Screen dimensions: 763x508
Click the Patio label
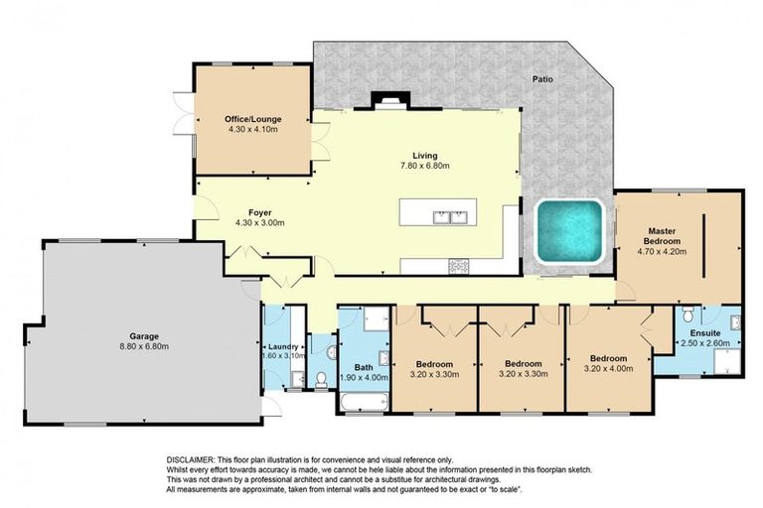[x=542, y=78]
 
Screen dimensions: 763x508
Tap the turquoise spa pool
[x=569, y=232]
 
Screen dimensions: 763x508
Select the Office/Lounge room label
[x=253, y=119]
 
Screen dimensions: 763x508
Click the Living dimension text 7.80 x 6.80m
[x=425, y=166]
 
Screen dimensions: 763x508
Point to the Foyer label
[x=260, y=213]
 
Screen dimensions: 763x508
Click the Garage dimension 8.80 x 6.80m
[x=144, y=346]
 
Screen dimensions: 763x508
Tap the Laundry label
[x=283, y=347]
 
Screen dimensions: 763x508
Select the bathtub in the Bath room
[x=364, y=403]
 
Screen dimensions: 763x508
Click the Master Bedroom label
[x=662, y=236]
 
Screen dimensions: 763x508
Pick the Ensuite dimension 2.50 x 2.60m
[x=705, y=343]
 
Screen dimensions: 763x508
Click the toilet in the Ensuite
[x=688, y=315]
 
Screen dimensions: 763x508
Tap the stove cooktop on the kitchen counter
[x=459, y=266]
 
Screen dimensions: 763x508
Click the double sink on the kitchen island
[x=451, y=217]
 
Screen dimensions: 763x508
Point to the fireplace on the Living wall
[x=390, y=100]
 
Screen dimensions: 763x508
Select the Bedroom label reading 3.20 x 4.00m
[x=608, y=363]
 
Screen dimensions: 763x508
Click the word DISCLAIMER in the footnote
[x=191, y=459]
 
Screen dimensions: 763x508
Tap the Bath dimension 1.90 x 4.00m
[x=364, y=378]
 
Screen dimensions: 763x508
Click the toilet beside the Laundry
[x=321, y=380]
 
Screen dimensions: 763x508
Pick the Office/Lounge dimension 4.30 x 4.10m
[x=253, y=130]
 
